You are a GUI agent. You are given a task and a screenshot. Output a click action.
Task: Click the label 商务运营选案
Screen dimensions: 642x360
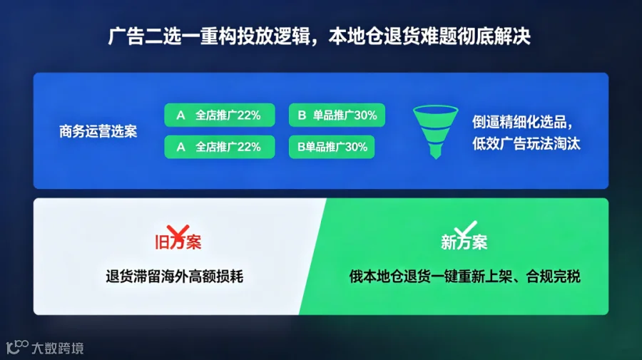coord(98,131)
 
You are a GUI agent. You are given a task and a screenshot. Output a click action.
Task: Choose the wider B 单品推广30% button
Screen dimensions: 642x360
coord(337,115)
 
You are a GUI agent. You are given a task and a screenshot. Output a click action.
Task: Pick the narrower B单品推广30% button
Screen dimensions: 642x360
coord(332,147)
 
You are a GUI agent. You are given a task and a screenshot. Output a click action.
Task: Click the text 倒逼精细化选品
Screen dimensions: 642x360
coord(519,121)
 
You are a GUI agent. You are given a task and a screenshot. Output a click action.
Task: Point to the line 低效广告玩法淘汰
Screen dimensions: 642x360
coord(526,143)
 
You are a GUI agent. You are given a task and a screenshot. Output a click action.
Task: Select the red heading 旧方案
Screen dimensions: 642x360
coord(178,242)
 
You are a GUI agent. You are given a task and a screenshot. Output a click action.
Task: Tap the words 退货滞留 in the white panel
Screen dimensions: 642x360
coord(133,277)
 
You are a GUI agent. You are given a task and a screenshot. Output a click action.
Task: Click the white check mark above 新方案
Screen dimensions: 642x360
coord(466,229)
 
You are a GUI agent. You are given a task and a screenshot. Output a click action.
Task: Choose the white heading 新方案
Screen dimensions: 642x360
coord(464,242)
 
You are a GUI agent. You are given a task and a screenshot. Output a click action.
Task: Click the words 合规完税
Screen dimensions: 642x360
coord(553,277)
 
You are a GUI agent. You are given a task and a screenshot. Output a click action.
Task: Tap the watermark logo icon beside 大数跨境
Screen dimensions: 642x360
coord(17,347)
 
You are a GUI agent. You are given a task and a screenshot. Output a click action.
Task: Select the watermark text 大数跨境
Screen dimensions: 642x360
coord(58,348)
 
